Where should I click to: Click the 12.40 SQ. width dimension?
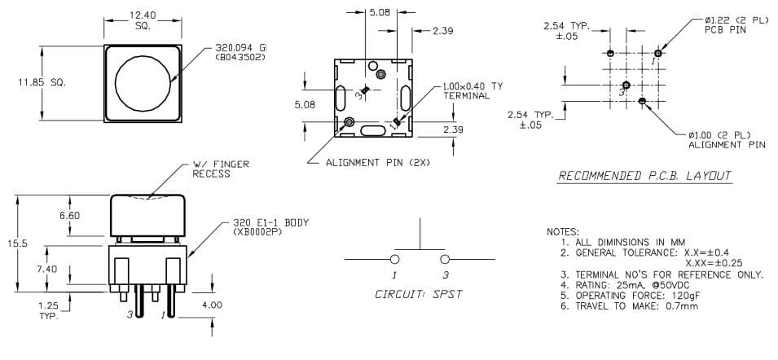tap(143, 20)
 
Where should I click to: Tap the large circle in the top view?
tap(143, 83)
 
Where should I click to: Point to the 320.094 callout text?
tap(240, 53)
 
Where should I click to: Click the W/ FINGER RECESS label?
tap(220, 169)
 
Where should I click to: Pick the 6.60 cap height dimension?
tap(69, 216)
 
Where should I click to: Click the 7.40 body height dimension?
tap(46, 269)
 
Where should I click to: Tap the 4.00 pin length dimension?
tap(213, 305)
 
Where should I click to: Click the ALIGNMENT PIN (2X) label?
tap(378, 163)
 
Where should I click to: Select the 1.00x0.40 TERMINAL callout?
tap(473, 90)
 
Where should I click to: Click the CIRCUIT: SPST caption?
tap(419, 294)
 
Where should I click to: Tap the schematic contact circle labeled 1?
tap(395, 259)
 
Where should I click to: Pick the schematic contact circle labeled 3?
tap(445, 259)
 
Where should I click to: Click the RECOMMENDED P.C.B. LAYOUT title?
tap(644, 176)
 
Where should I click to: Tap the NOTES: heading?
tap(563, 232)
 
